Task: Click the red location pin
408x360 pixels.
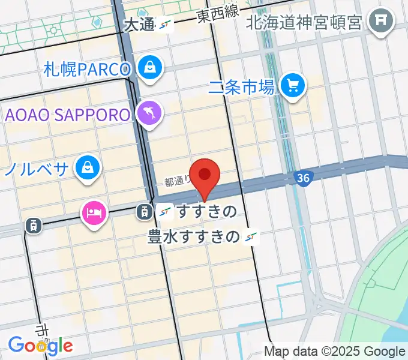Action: [205, 175]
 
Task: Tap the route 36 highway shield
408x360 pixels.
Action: [303, 178]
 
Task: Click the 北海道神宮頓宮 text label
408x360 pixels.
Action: [305, 23]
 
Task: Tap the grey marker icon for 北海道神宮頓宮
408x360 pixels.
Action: [380, 22]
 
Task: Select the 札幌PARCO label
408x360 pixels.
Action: [87, 70]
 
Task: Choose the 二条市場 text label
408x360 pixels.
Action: [242, 88]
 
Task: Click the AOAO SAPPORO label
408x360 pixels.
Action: [68, 115]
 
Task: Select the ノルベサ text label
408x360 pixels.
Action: [36, 169]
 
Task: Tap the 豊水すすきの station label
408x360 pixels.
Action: [193, 238]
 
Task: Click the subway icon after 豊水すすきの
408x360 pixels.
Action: [251, 238]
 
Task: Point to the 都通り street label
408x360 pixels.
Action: [178, 179]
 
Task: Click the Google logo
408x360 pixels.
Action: [40, 345]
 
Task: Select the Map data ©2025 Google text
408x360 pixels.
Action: [335, 352]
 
